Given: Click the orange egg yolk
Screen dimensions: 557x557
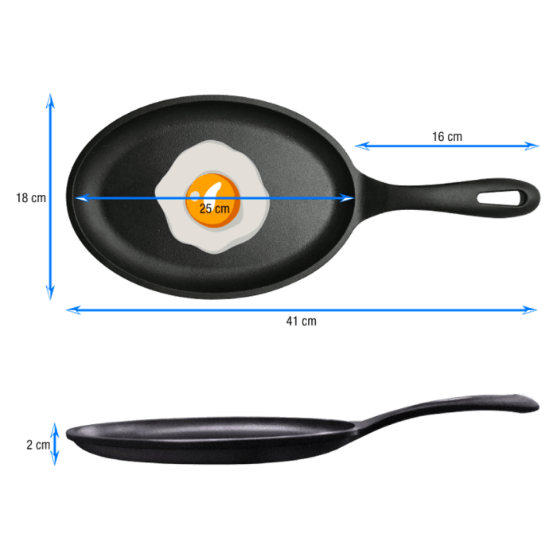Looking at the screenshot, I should pyautogui.click(x=213, y=197).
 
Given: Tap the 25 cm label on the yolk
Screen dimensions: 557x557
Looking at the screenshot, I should pyautogui.click(x=214, y=208).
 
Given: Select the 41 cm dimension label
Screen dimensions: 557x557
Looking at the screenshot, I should pyautogui.click(x=302, y=321).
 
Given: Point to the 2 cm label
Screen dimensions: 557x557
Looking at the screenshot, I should pyautogui.click(x=37, y=445).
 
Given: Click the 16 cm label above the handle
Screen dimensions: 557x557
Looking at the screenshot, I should pyautogui.click(x=447, y=137).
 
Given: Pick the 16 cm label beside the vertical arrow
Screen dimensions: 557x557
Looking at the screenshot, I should pyautogui.click(x=30, y=198).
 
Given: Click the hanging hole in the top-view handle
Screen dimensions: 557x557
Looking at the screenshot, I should pyautogui.click(x=503, y=197).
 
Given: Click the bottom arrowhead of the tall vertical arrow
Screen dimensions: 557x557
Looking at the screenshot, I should pyautogui.click(x=50, y=296).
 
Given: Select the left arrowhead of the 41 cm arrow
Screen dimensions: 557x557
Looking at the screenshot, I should pyautogui.click(x=69, y=310).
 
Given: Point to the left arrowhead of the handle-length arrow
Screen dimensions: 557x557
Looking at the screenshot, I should pyautogui.click(x=359, y=146).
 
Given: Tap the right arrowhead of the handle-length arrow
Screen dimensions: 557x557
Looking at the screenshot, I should pyautogui.click(x=536, y=146).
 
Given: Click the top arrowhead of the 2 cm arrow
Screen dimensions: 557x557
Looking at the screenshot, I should pyautogui.click(x=55, y=426).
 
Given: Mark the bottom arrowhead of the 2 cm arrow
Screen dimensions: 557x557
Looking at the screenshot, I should pyautogui.click(x=55, y=462).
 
